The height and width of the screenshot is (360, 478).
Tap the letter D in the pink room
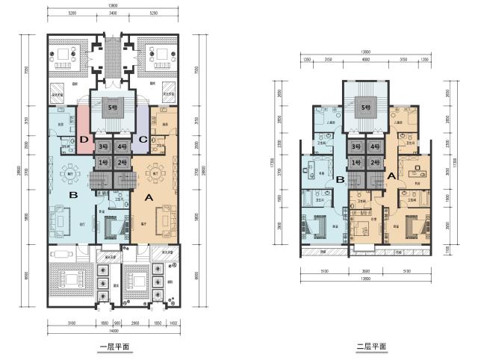[x=84, y=138]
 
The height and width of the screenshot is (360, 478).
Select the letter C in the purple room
[x=142, y=138]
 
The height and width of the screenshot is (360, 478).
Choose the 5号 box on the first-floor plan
[x=114, y=106]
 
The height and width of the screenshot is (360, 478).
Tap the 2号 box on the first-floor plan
[x=122, y=162]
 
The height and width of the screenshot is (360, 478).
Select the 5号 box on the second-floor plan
[x=365, y=108]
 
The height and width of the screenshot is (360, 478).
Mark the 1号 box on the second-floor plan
[x=356, y=162]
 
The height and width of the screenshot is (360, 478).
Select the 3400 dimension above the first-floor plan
[x=113, y=13]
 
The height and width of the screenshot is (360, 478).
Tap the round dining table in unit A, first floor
[x=156, y=168]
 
